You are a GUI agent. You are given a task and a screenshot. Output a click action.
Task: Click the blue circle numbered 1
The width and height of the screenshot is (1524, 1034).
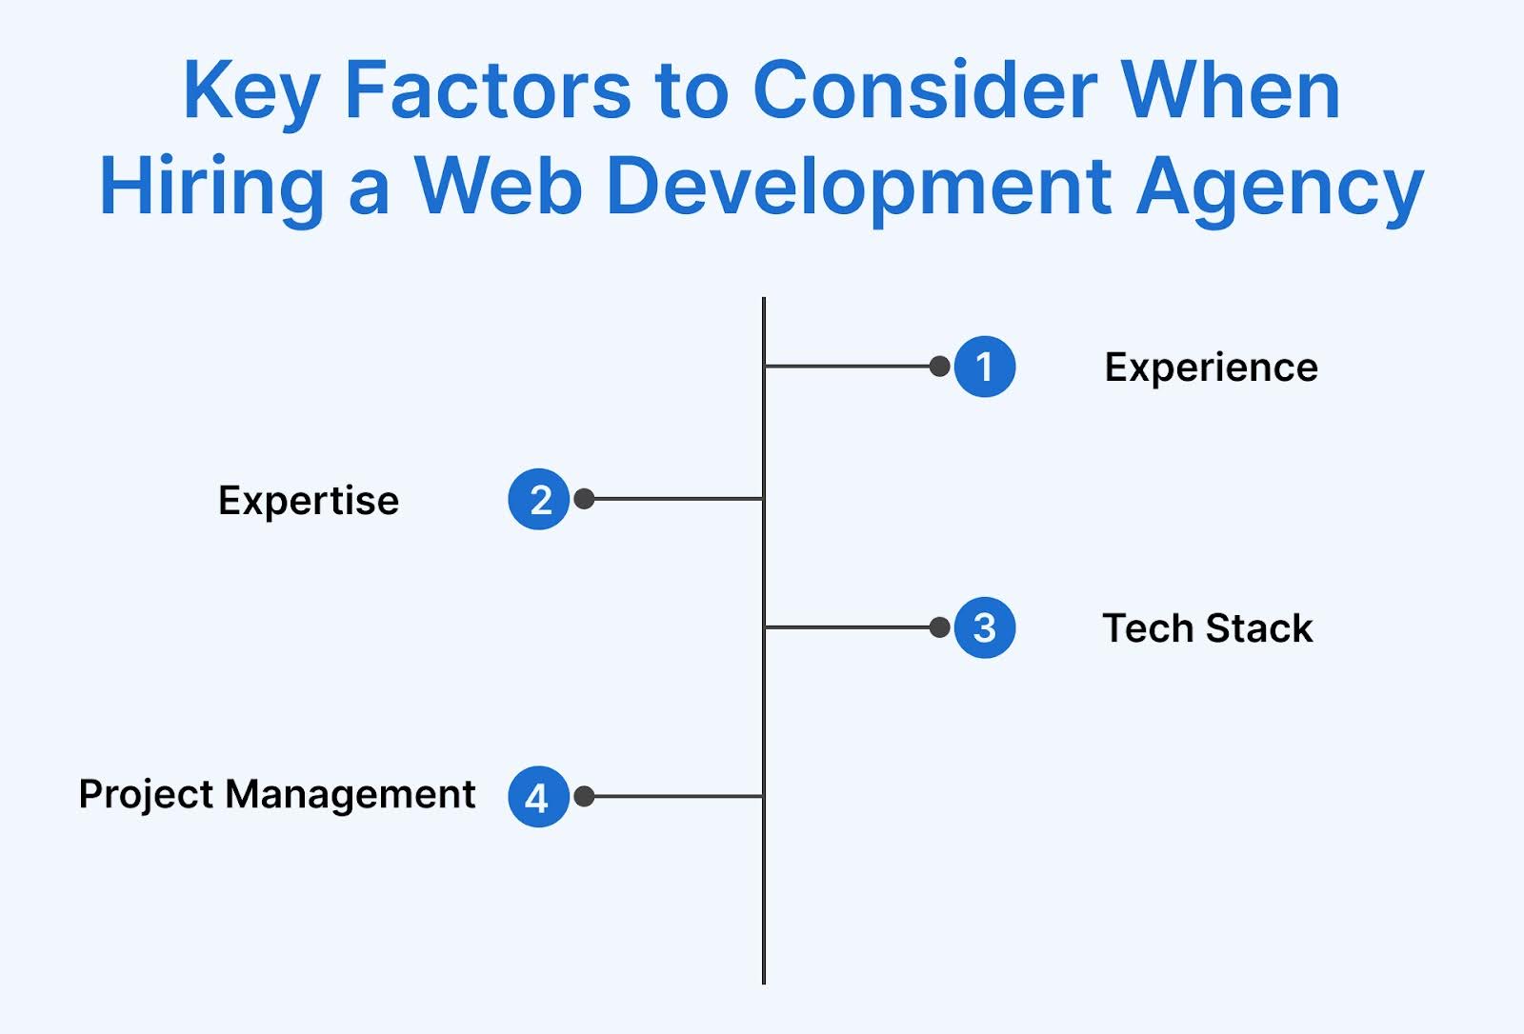coord(984,367)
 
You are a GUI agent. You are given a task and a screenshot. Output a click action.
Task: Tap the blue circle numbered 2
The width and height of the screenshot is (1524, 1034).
coord(539,499)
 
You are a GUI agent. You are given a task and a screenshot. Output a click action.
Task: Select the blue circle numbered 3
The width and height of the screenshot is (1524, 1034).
coord(984,627)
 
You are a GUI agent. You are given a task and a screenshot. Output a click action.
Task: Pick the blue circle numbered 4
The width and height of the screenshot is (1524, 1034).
coord(538,797)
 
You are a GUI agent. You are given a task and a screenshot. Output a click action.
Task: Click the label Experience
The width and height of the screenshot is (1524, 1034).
coord(1211,368)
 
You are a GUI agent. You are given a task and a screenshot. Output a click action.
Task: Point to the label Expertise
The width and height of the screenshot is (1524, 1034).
coord(309,501)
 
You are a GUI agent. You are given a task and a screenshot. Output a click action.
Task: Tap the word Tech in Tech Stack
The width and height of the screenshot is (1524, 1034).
coord(1147,628)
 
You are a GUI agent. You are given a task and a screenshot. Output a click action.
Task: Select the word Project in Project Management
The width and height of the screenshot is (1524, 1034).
coord(146,795)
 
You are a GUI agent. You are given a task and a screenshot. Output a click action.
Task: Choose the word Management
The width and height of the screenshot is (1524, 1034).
coord(350,795)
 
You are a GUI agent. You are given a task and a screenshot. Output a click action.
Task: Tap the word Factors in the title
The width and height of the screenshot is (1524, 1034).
coord(487,91)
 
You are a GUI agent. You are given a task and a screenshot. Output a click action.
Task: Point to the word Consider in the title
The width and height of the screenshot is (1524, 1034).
coord(925,91)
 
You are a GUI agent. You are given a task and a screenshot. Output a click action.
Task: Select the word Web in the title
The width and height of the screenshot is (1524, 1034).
coord(498,186)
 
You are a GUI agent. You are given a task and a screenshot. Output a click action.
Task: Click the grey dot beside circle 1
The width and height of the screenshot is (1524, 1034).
coord(939,367)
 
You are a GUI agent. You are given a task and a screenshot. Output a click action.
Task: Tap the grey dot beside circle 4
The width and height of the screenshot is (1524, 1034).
coord(585,797)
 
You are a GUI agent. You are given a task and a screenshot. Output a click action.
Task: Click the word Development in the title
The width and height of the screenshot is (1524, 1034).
coord(858,188)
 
